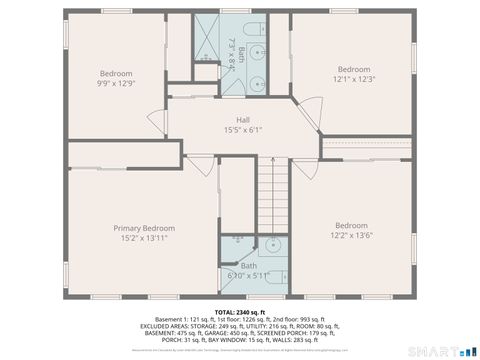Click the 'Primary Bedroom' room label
144,228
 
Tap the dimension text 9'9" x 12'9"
116,83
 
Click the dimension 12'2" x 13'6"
351,236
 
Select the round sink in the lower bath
271,246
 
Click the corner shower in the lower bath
233,246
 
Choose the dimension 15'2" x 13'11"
144,238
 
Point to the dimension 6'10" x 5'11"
248,275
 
